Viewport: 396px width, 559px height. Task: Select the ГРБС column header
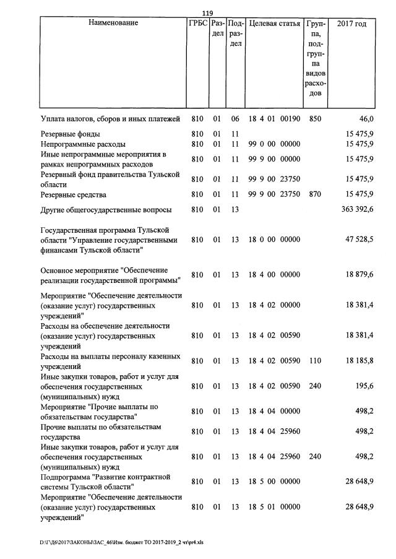pyautogui.click(x=197, y=24)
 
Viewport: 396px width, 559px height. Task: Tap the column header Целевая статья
pyautogui.click(x=273, y=24)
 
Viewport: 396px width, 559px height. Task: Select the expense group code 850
pyautogui.click(x=314, y=118)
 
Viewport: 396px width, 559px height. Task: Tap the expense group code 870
pyautogui.click(x=314, y=194)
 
